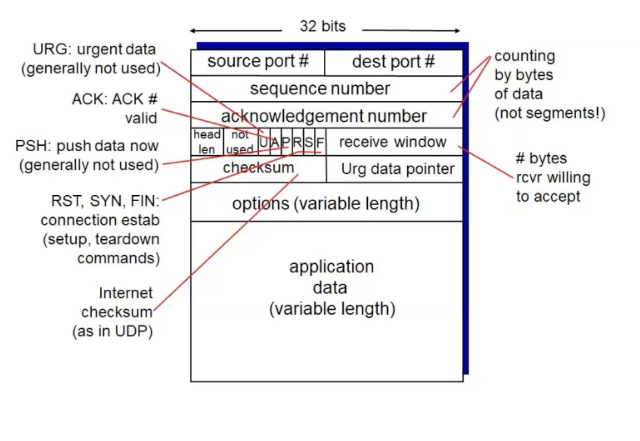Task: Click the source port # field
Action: click(x=257, y=62)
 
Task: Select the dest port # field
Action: click(x=393, y=62)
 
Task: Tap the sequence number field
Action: click(x=320, y=89)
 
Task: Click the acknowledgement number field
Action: click(x=324, y=115)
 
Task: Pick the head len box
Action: click(x=207, y=142)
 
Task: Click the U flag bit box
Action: click(x=264, y=142)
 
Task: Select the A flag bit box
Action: click(x=275, y=142)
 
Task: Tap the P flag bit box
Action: click(x=286, y=142)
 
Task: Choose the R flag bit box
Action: click(x=297, y=142)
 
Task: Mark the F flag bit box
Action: click(x=320, y=142)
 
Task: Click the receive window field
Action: click(x=393, y=142)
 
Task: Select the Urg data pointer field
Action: click(x=397, y=169)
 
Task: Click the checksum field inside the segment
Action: click(x=259, y=168)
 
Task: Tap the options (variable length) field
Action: click(x=325, y=203)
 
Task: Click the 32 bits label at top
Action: click(x=323, y=26)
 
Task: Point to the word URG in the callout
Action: click(x=47, y=49)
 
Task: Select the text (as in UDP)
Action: click(x=112, y=332)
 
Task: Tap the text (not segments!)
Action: click(x=549, y=113)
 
